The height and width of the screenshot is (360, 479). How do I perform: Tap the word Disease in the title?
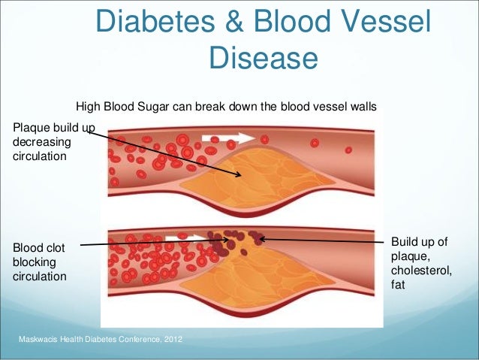(x=263, y=58)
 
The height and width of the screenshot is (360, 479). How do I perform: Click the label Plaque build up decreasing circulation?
(x=47, y=143)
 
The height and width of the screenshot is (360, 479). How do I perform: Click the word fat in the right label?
(x=398, y=286)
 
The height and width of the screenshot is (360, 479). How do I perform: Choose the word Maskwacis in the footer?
(x=39, y=343)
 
